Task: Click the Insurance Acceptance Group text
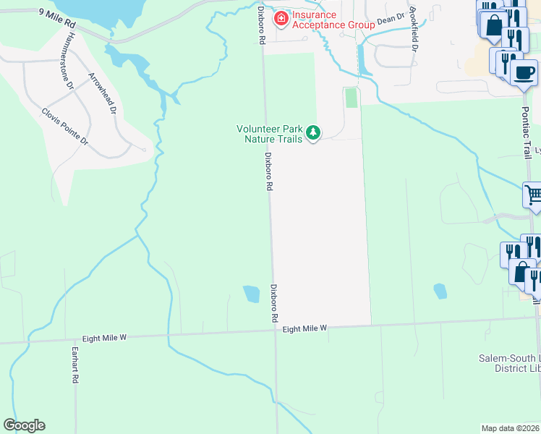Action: click(x=333, y=20)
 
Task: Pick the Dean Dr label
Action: click(x=389, y=20)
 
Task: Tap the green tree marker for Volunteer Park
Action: click(x=313, y=132)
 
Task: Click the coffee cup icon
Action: click(x=524, y=72)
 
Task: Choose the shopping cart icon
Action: click(x=533, y=195)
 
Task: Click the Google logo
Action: click(x=24, y=425)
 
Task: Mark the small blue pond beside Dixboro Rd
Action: click(x=251, y=294)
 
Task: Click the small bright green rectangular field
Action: click(x=352, y=98)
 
